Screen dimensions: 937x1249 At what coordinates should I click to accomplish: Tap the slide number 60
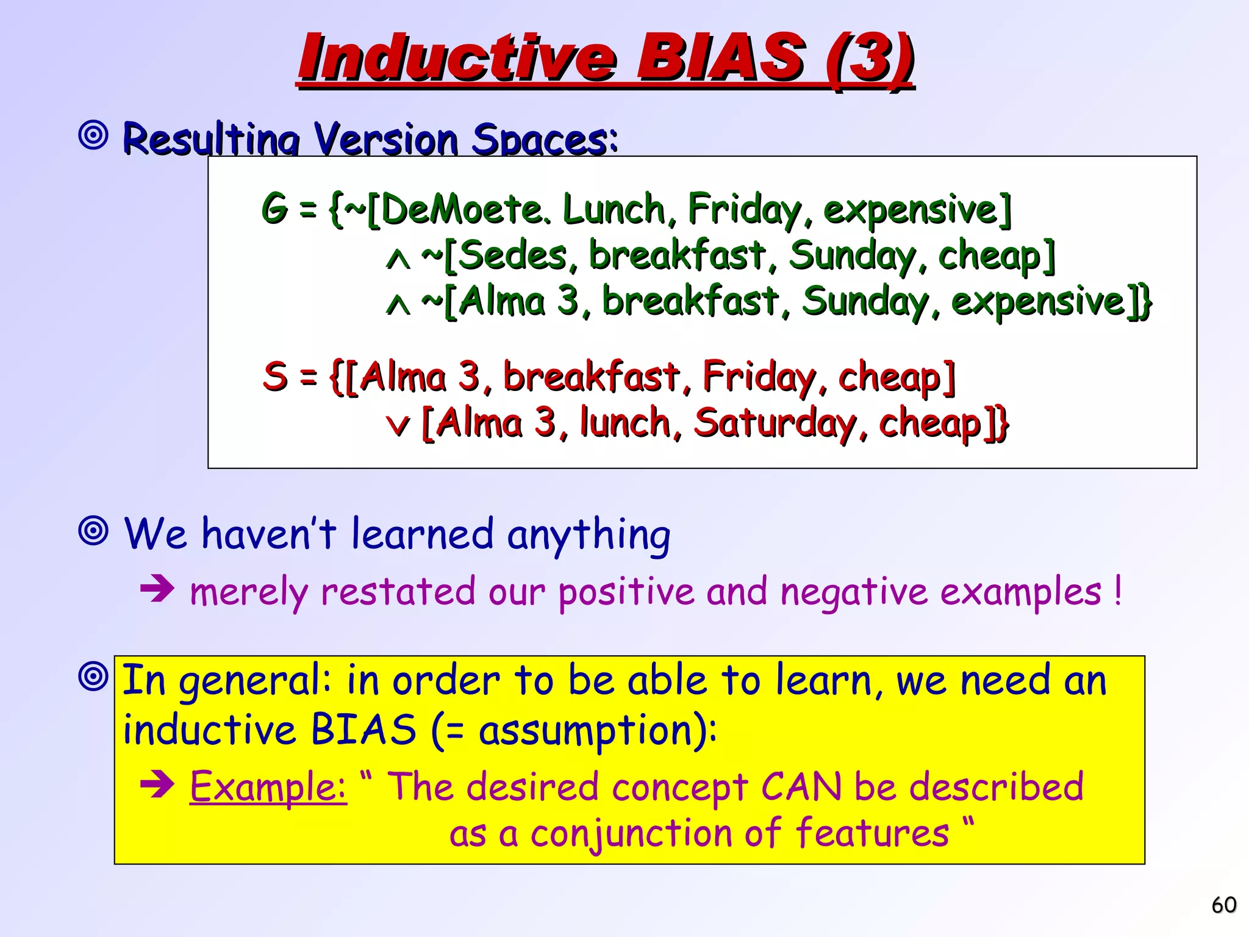[x=1223, y=905]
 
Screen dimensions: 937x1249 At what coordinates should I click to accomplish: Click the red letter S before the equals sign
[x=275, y=376]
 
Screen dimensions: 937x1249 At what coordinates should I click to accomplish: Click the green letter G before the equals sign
[x=274, y=209]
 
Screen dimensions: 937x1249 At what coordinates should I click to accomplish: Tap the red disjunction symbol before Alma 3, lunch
[x=398, y=425]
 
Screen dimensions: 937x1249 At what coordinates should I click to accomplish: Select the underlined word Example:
[x=268, y=786]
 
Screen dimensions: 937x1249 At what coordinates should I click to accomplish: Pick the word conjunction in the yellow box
[x=631, y=833]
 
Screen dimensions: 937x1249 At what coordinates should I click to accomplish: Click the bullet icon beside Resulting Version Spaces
[x=93, y=135]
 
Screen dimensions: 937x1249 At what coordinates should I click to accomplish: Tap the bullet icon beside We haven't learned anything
[x=93, y=531]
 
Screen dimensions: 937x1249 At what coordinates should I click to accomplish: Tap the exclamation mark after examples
[x=1117, y=591]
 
